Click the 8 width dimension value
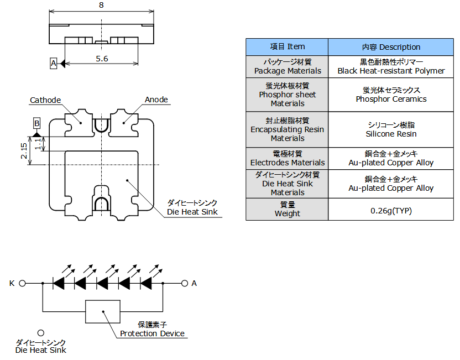tap(101, 5)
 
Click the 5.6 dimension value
tap(102, 59)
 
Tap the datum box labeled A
tap(53, 63)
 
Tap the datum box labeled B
tap(36, 123)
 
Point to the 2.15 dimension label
tap(24, 151)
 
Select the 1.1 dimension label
tap(38, 144)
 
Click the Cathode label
tap(45, 100)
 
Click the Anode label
tap(156, 100)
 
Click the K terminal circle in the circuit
tap(22, 284)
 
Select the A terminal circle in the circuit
tap(185, 284)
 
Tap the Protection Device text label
tap(152, 333)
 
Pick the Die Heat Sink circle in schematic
tap(41, 333)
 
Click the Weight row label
tap(287, 210)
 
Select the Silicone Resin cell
tap(391, 129)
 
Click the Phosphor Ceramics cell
tap(391, 95)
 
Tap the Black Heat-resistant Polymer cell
tap(391, 66)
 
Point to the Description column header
tap(391, 47)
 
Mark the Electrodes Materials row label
tap(287, 159)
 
